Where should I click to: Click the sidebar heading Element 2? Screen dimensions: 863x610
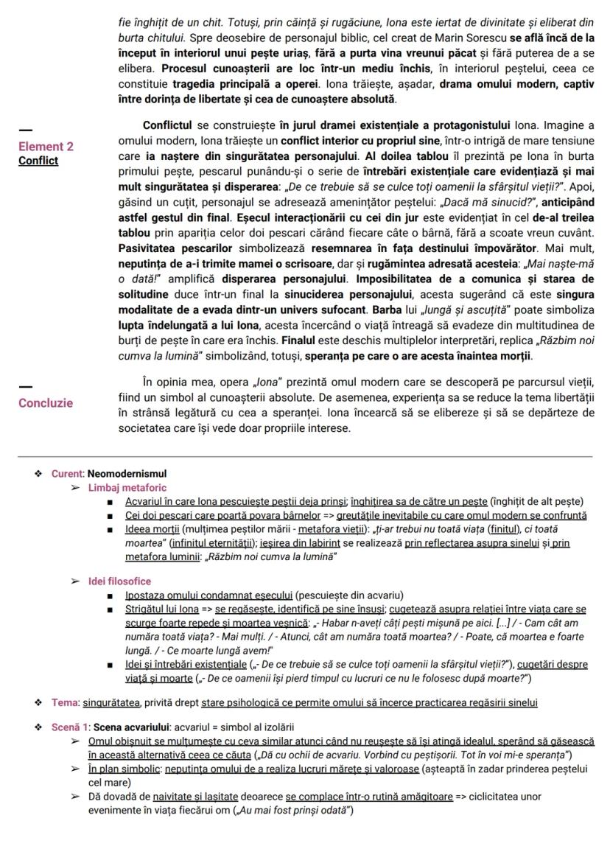coord(46,147)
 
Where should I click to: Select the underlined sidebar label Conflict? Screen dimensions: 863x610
coord(38,161)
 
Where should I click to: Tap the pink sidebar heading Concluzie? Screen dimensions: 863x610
coord(46,403)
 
